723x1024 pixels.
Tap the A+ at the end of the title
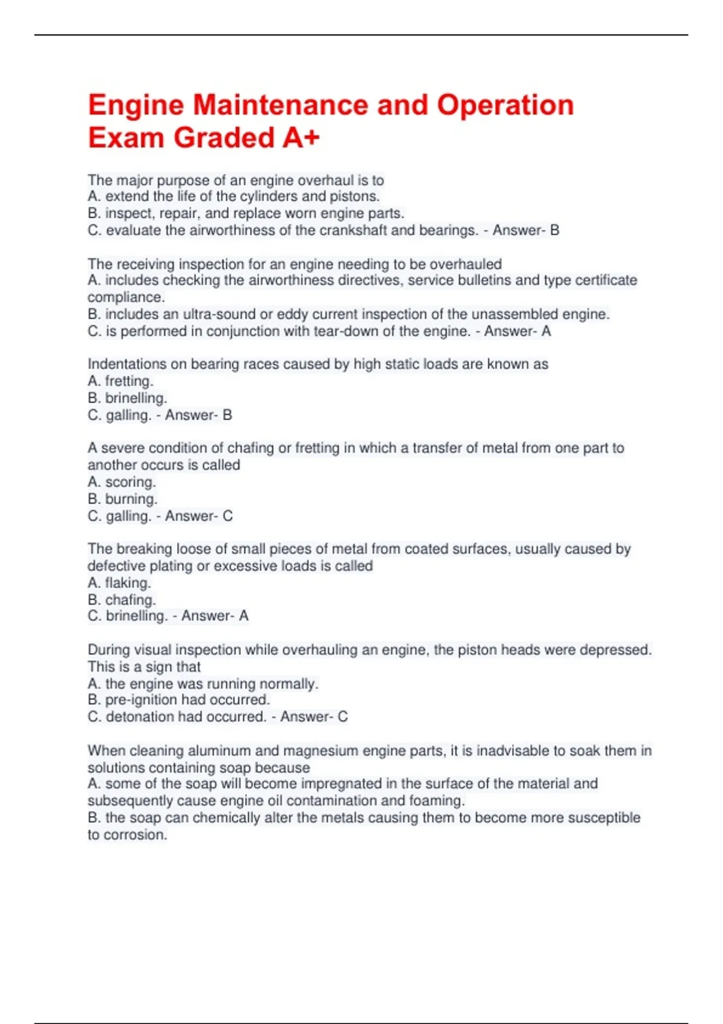pos(300,138)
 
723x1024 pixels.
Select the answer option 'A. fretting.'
pos(120,381)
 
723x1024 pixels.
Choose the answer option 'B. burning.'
pos(122,499)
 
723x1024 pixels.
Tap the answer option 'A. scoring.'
pos(122,482)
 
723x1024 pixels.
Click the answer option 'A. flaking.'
pos(119,582)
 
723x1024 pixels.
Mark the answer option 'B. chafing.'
pos(122,599)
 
